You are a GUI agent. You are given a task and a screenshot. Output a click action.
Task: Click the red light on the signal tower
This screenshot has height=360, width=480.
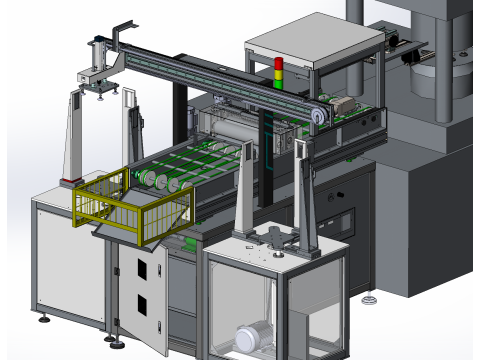tap(279, 63)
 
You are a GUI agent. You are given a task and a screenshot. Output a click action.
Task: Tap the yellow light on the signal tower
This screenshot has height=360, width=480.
tap(279, 72)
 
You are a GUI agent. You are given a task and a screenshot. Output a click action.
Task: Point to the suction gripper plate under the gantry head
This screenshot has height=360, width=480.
tap(101, 89)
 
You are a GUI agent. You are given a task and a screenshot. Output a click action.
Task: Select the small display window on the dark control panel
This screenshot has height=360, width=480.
tap(344, 216)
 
